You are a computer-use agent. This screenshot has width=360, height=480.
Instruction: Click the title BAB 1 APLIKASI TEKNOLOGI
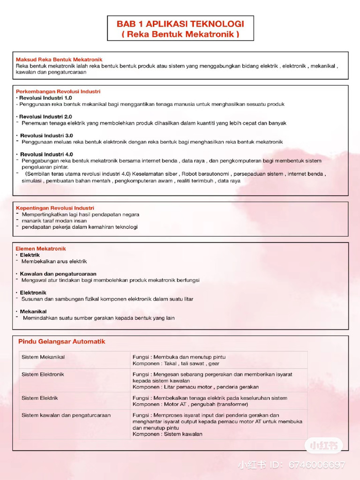tap(180, 24)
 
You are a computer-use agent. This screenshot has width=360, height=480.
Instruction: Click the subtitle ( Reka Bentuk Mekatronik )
tap(180, 34)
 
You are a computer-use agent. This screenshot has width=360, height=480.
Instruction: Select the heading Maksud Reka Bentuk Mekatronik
tap(59, 60)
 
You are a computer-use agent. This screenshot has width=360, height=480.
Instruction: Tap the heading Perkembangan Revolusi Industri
tap(58, 91)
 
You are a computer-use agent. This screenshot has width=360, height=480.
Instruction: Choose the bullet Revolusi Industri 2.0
tap(45, 116)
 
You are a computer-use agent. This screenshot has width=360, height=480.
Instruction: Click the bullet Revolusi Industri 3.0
tap(46, 135)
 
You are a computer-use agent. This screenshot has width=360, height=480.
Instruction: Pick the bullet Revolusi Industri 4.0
tap(46, 154)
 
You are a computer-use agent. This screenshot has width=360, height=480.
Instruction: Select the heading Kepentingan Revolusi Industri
tap(55, 208)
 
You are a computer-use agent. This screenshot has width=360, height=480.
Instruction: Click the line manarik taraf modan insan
tap(54, 220)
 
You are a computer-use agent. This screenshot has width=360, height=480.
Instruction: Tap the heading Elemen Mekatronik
tap(41, 248)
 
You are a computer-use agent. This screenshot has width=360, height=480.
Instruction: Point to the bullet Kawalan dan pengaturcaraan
tap(58, 274)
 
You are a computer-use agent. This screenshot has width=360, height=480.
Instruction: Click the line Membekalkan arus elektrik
tap(54, 262)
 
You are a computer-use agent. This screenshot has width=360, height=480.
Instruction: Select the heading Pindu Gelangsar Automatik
tap(62, 342)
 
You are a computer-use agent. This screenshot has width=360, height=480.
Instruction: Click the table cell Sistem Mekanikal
tap(43, 357)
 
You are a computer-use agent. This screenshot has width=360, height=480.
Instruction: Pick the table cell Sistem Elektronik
tap(43, 375)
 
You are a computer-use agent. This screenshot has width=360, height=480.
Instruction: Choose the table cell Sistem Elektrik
tap(40, 398)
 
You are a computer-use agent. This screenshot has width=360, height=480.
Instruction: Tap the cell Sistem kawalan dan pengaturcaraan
tap(66, 415)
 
